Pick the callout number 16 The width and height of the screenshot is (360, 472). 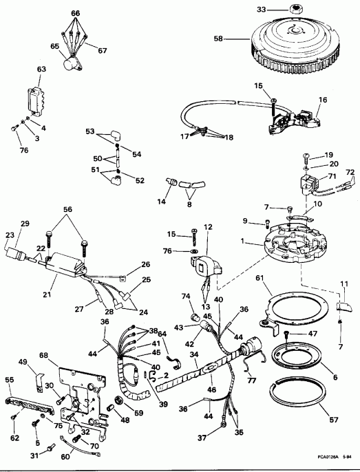[x=322, y=100]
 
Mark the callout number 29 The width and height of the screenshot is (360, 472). [x=25, y=225]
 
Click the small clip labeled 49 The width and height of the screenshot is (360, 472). [x=39, y=376]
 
